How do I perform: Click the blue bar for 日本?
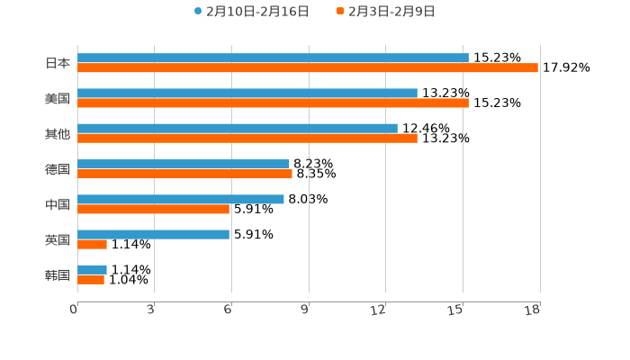point(273,58)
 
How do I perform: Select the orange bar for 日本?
point(308,68)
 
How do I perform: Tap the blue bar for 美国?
point(247,94)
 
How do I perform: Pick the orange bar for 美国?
point(273,103)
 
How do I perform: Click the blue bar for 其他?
point(238,129)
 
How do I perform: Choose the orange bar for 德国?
point(184,174)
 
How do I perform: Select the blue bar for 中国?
point(181,199)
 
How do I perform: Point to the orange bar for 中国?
point(153,209)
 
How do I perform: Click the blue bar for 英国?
point(153,234)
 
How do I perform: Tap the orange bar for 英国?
point(92,244)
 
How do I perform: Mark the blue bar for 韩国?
point(92,269)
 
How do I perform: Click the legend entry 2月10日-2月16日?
point(252,12)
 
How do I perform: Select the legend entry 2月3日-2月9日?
point(386,12)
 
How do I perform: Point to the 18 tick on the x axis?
point(533,310)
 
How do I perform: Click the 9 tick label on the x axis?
point(305,310)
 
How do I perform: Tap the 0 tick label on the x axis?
point(74,310)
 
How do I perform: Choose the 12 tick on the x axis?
point(379,310)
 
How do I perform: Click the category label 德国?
point(58,169)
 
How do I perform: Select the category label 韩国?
point(58,274)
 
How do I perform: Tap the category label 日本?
point(58,64)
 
